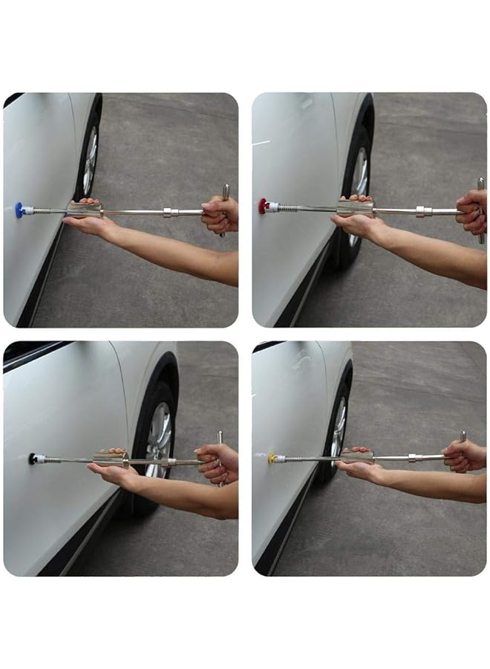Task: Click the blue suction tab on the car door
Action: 20,210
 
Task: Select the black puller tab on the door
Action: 33,459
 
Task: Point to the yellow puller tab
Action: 272,457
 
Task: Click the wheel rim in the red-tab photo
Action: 360,172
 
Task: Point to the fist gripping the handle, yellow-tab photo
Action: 463,456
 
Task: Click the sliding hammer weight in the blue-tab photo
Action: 83,210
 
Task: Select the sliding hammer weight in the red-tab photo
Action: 355,208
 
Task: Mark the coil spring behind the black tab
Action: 49,459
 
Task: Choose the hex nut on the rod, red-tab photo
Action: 424,211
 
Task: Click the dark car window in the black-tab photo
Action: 30,352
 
